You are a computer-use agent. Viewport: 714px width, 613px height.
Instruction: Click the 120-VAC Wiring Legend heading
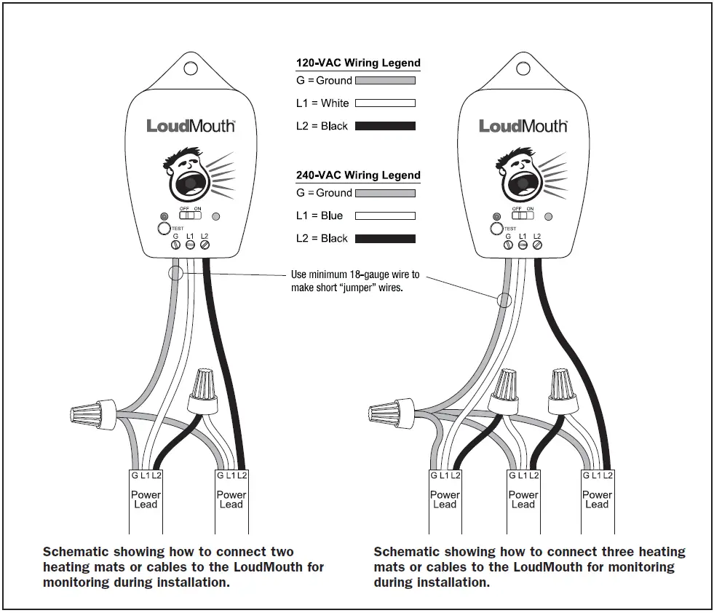tap(358, 63)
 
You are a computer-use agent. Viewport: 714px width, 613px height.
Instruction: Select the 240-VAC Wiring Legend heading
tap(358, 175)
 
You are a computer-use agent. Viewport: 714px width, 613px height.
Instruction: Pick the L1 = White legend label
tap(322, 103)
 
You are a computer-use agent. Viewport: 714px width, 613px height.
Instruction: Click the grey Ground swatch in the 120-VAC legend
tap(385, 81)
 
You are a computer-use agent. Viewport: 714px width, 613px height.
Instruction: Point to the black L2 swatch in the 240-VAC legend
tap(385, 239)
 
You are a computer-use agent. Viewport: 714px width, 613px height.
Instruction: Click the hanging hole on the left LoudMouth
tap(190, 68)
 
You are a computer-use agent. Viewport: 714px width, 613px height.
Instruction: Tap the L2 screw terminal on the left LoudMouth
tap(205, 246)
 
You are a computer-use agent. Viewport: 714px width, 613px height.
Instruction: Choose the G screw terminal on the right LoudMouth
tap(508, 246)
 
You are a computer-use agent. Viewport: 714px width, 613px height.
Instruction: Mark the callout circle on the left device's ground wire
tap(175, 274)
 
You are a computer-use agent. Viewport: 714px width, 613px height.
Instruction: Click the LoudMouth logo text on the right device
tap(523, 126)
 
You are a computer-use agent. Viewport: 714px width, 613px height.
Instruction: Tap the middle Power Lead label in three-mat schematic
tap(523, 499)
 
